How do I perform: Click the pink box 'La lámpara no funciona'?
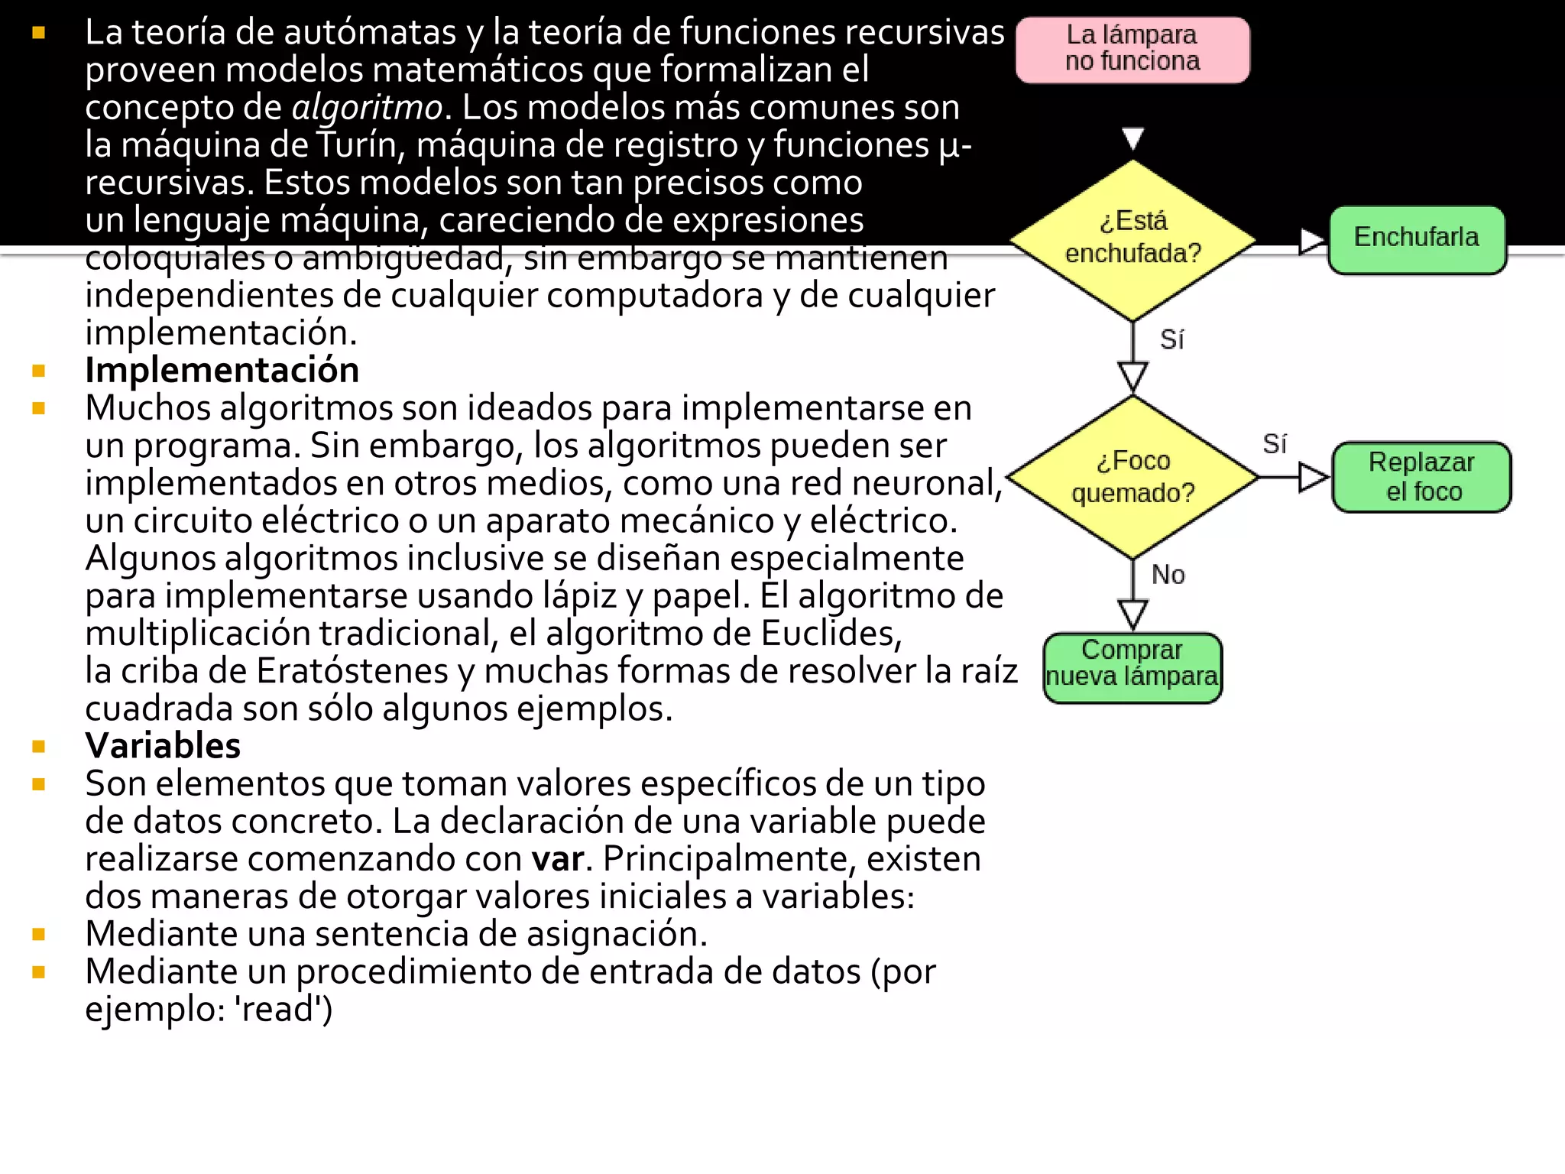point(1132,49)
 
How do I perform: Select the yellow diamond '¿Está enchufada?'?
point(1132,238)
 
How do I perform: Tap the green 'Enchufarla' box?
point(1417,238)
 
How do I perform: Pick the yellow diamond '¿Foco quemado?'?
point(1132,477)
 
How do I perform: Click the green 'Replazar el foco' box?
point(1421,477)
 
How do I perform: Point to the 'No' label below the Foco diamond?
point(1168,575)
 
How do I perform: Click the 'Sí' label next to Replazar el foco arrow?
point(1274,444)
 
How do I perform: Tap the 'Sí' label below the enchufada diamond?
point(1171,339)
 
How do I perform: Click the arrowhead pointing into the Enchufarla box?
point(1311,241)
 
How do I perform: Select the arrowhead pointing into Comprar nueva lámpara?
point(1132,613)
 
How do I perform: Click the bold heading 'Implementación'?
point(222,371)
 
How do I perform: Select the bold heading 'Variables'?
point(163,746)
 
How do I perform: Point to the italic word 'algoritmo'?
point(367,108)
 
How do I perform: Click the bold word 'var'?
point(558,859)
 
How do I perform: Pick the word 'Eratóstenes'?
point(352,671)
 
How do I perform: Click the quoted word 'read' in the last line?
point(284,1009)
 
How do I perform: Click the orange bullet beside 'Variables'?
point(39,746)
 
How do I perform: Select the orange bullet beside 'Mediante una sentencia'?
point(39,934)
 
